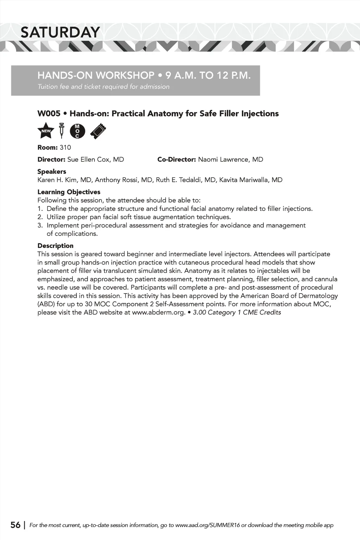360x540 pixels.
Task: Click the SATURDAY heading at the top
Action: click(x=60, y=32)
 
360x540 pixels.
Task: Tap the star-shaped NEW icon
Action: click(x=46, y=131)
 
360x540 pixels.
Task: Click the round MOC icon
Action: click(x=77, y=131)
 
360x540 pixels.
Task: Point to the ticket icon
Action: click(x=98, y=131)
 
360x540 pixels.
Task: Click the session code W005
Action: click(x=49, y=114)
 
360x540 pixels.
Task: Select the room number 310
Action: click(x=65, y=147)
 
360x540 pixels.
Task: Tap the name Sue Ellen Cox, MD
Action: click(x=96, y=160)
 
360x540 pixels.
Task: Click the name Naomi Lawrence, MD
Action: click(x=231, y=160)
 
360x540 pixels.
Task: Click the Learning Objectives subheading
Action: click(x=69, y=192)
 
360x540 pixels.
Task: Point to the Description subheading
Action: click(x=56, y=246)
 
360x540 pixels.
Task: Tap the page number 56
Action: click(x=15, y=525)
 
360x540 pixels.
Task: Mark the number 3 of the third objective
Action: click(x=40, y=225)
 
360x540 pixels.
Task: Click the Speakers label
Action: click(x=52, y=172)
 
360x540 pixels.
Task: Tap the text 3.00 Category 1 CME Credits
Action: click(x=237, y=313)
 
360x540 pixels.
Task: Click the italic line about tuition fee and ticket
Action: click(x=103, y=86)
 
